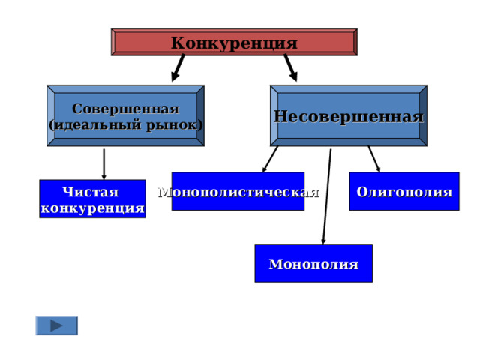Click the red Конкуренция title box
pyautogui.click(x=234, y=42)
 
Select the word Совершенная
pyautogui.click(x=125, y=109)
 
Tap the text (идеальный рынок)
pyautogui.click(x=125, y=125)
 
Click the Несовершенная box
pyautogui.click(x=349, y=115)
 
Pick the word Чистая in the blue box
pyautogui.click(x=90, y=192)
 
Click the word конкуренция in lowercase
pyautogui.click(x=92, y=208)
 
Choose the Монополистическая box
pyautogui.click(x=238, y=191)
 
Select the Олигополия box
pyautogui.click(x=404, y=191)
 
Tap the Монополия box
pyautogui.click(x=313, y=263)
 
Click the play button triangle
pyautogui.click(x=57, y=325)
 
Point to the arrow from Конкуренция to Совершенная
pyautogui.click(x=178, y=68)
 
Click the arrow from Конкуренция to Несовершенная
pyautogui.click(x=290, y=68)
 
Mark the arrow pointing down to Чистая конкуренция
pyautogui.click(x=103, y=164)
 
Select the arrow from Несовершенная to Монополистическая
pyautogui.click(x=270, y=159)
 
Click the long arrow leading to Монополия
pyautogui.click(x=327, y=196)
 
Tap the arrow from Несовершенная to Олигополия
pyautogui.click(x=374, y=159)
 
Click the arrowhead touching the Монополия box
pyautogui.click(x=323, y=241)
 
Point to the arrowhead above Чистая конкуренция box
pyautogui.click(x=103, y=177)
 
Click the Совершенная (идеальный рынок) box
pyautogui.click(x=125, y=115)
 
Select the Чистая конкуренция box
pyautogui.click(x=92, y=199)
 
